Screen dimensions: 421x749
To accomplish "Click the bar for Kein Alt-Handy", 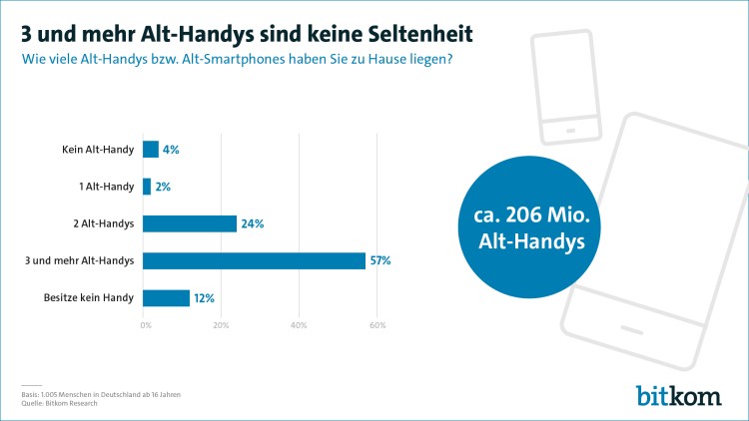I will click(151, 150).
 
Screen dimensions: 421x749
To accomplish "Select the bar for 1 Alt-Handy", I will click(147, 187).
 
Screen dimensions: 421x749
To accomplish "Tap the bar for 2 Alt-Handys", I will click(190, 223).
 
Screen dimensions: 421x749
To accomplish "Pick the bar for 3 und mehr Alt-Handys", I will click(254, 260).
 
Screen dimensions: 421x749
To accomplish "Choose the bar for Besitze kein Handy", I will click(167, 297).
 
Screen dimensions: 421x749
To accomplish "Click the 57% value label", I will click(380, 260).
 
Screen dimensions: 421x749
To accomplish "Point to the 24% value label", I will click(253, 223).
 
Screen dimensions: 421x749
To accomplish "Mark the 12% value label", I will click(205, 297).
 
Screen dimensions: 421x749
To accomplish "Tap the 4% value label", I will click(171, 150).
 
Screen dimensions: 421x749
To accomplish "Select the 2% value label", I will click(163, 187).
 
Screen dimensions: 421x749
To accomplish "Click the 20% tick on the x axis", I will click(222, 325).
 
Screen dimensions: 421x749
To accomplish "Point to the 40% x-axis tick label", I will click(299, 325).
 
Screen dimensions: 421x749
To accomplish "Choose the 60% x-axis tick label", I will click(376, 325).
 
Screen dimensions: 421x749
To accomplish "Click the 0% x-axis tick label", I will click(146, 325).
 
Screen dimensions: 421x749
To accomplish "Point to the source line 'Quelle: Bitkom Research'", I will click(62, 402).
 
